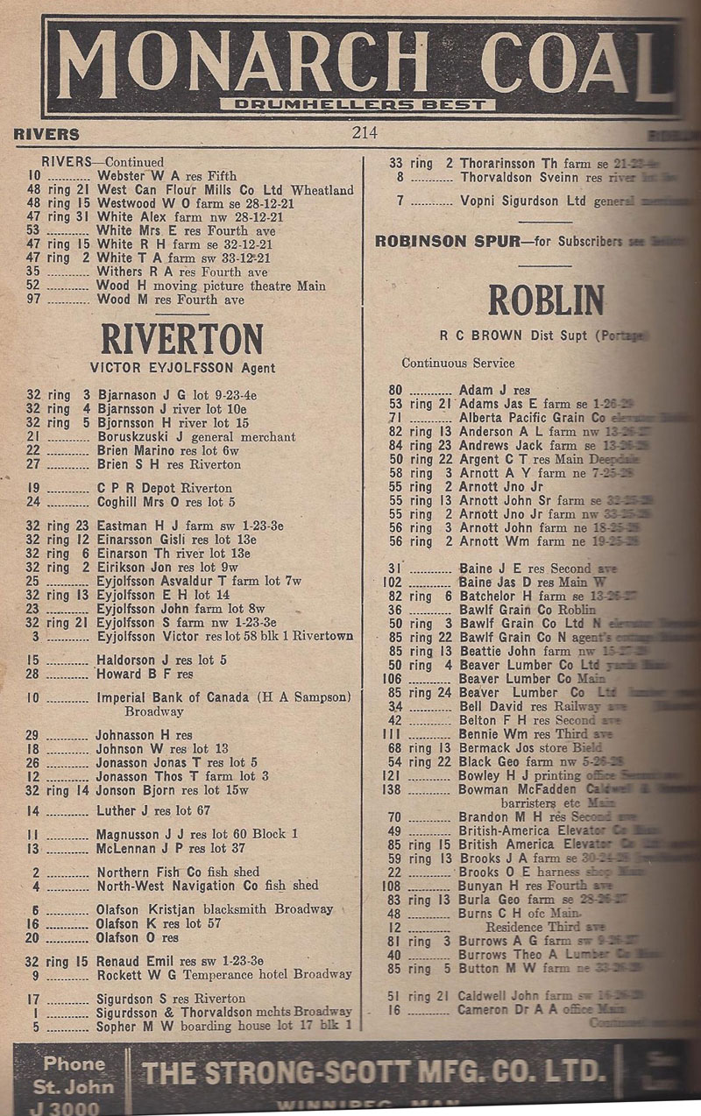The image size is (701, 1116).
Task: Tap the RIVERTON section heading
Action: [x=181, y=341]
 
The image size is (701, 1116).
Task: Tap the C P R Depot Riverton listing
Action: [x=164, y=488]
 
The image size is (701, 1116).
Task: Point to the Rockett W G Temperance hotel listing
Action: [x=223, y=973]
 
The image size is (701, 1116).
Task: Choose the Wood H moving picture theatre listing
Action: [x=210, y=286]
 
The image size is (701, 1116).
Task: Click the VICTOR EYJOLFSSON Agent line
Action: [x=182, y=368]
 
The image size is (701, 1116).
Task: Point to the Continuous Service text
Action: [x=458, y=363]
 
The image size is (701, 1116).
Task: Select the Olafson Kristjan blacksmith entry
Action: [x=215, y=909]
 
